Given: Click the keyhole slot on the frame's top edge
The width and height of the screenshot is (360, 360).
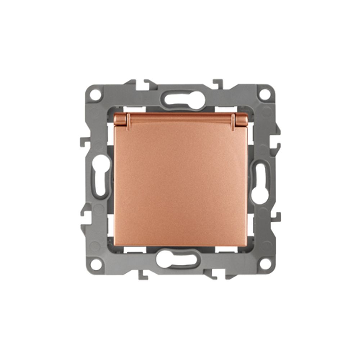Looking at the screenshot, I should [180, 98].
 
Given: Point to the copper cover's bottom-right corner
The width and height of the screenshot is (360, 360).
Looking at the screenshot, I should [246, 246].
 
